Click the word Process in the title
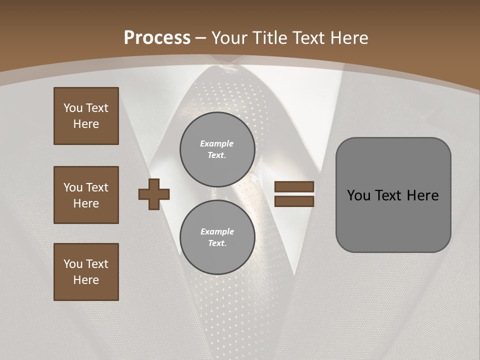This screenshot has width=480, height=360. coord(157,38)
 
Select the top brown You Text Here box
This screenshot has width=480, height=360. coord(86,116)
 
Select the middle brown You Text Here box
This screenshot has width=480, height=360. coord(86,195)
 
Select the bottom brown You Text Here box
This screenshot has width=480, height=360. coord(86,272)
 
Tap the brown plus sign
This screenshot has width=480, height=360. coord(154,194)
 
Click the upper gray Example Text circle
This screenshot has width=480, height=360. coord(217,149)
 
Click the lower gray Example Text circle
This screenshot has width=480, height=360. coord(217,237)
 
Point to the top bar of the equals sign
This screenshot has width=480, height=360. coord(294,186)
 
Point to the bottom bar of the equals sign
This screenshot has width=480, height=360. coord(294,201)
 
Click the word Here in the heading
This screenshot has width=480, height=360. coord(348,38)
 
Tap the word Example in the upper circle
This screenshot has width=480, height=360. coord(216,143)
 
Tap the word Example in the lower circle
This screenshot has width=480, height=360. coord(217,231)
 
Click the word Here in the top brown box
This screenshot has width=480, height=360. coord(86,124)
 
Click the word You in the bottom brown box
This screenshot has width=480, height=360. coord(73,263)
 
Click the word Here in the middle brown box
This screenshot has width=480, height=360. coord(86,203)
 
